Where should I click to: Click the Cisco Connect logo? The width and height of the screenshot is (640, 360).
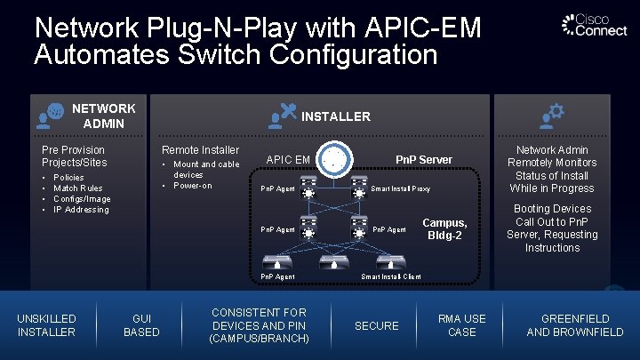tap(593, 26)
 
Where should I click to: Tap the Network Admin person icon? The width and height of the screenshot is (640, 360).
tap(51, 115)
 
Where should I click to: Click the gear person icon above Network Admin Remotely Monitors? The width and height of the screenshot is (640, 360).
tap(552, 114)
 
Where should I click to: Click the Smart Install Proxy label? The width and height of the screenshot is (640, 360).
tap(400, 188)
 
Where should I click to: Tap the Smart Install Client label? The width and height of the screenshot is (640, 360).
tap(391, 276)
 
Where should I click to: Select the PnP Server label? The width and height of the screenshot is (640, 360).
tap(423, 159)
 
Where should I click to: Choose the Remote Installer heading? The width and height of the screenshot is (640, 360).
tap(200, 150)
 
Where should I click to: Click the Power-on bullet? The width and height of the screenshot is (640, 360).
tap(193, 185)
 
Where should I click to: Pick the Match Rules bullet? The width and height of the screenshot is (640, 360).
tap(78, 188)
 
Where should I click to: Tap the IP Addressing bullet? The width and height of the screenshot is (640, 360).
tap(81, 210)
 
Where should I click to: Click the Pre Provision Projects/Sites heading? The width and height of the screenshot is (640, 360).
tap(74, 156)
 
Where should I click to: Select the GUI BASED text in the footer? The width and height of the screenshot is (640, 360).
tap(141, 325)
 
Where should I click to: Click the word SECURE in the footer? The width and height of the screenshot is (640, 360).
tap(377, 325)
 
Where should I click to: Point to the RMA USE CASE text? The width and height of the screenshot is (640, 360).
tap(462, 325)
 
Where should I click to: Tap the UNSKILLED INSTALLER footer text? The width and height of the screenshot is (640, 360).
tap(47, 325)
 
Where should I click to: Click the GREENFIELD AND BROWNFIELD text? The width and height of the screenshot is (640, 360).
tap(575, 325)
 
